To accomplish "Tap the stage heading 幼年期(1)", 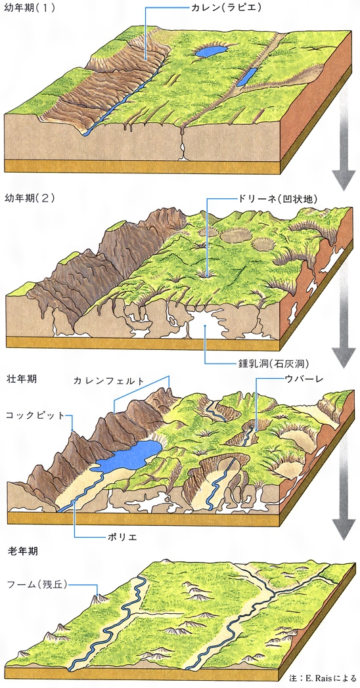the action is click(30, 9).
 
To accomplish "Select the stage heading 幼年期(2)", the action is click(30, 198).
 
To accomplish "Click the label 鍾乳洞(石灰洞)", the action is click(272, 364).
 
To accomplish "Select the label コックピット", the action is click(35, 416).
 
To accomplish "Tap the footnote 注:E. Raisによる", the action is click(323, 677).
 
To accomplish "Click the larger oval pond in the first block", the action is click(211, 52).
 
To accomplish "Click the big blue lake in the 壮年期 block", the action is click(129, 456).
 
